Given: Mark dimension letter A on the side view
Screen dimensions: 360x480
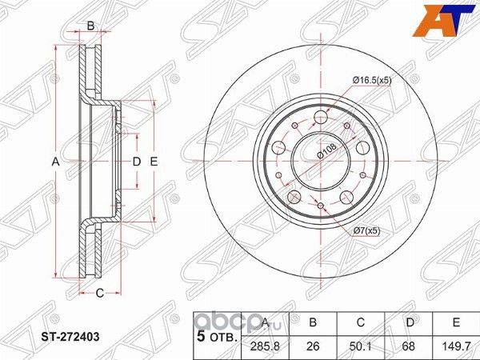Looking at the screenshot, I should pos(56,162).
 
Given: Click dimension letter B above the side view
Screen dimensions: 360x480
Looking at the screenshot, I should pos(90,26).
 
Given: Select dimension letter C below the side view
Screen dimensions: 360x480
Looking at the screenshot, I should pos(100,293).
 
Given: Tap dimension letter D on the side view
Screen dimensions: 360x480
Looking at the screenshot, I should pos(136,162).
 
